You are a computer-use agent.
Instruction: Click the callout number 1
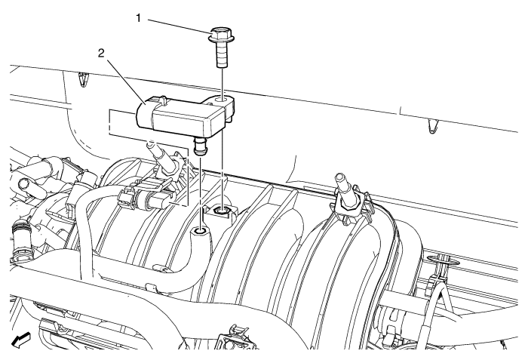tap(138, 18)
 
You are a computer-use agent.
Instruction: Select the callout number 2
tap(101, 54)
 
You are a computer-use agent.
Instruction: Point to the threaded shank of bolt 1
tap(222, 54)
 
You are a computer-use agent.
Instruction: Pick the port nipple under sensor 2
tap(201, 146)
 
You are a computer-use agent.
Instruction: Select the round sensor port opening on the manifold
tap(201, 231)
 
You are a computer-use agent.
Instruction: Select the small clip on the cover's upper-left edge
tap(82, 79)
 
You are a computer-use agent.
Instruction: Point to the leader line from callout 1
tap(180, 26)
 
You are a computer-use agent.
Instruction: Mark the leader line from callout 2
tap(126, 81)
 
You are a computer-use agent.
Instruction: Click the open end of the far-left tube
tap(24, 183)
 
